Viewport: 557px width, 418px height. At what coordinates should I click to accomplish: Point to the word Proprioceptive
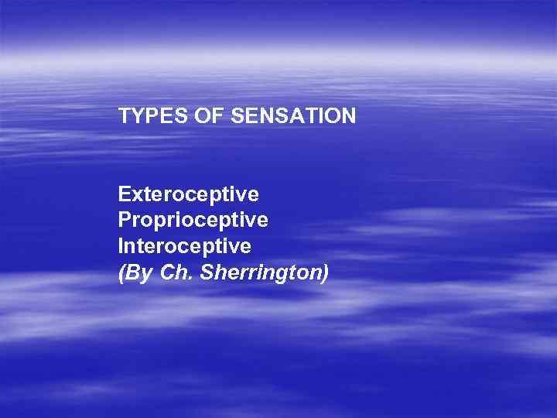pyautogui.click(x=193, y=220)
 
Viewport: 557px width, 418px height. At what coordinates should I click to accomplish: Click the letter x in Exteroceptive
pyautogui.click(x=135, y=194)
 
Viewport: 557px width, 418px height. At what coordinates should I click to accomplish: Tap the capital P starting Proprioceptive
pyautogui.click(x=125, y=220)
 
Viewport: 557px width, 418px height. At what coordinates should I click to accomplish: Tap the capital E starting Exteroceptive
pyautogui.click(x=125, y=193)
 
